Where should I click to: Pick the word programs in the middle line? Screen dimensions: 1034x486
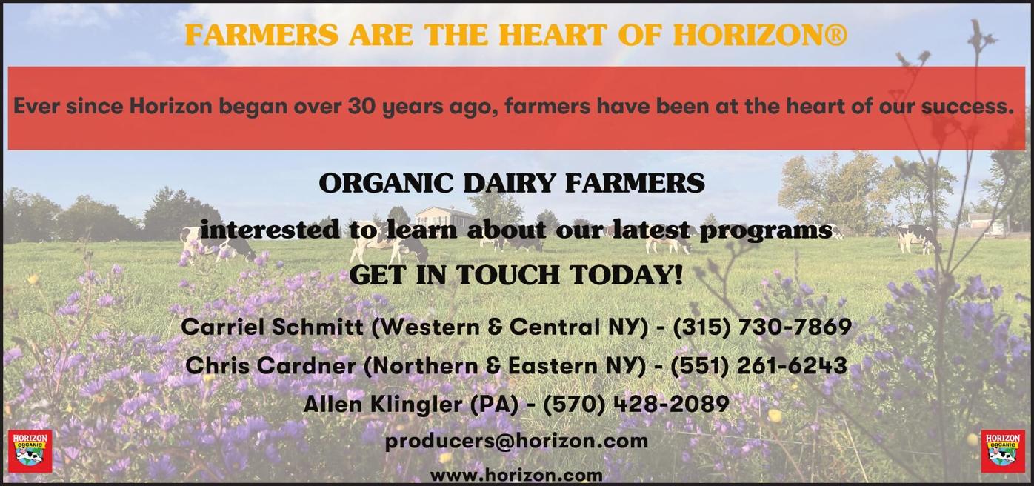click(x=767, y=230)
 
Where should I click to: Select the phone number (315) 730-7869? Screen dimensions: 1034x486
click(x=762, y=327)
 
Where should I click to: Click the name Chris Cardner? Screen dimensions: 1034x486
click(x=270, y=365)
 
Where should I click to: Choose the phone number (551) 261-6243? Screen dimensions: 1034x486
click(x=758, y=365)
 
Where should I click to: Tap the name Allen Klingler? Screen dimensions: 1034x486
click(x=383, y=405)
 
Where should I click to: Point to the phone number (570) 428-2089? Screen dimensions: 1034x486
click(x=636, y=405)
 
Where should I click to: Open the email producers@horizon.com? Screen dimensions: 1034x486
click(x=516, y=442)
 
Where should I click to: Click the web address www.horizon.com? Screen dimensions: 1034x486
click(x=516, y=475)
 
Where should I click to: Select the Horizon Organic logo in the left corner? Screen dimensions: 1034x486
click(x=30, y=451)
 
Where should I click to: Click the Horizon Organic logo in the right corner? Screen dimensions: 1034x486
click(x=1003, y=451)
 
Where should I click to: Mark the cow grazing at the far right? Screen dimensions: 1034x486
click(x=916, y=239)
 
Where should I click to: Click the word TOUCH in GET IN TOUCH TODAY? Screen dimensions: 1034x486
click(x=507, y=275)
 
